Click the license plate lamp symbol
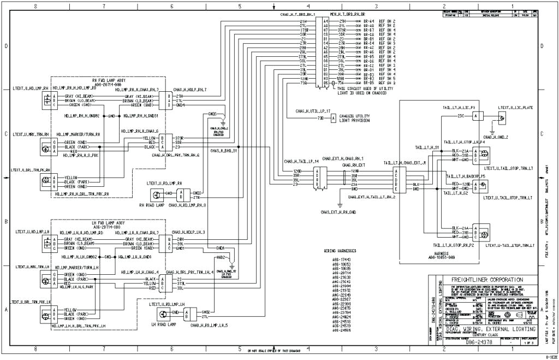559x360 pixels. pyautogui.click(x=502, y=117)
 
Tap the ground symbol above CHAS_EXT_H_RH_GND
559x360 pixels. pyautogui.click(x=339, y=204)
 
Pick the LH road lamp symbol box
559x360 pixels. pyautogui.click(x=162, y=314)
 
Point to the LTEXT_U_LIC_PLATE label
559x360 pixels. pyautogui.click(x=515, y=108)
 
